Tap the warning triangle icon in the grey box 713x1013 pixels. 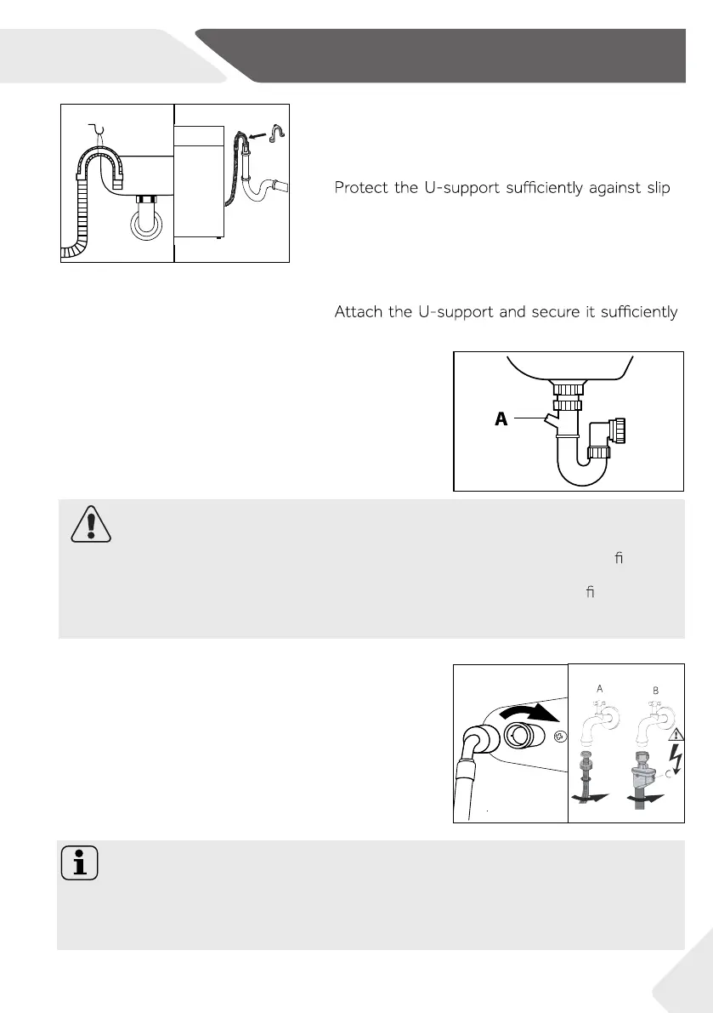pos(88,527)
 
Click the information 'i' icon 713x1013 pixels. pos(79,865)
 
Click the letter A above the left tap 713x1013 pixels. pos(599,689)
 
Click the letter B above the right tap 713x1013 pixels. pos(654,690)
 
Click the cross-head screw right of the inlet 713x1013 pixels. pos(557,737)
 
